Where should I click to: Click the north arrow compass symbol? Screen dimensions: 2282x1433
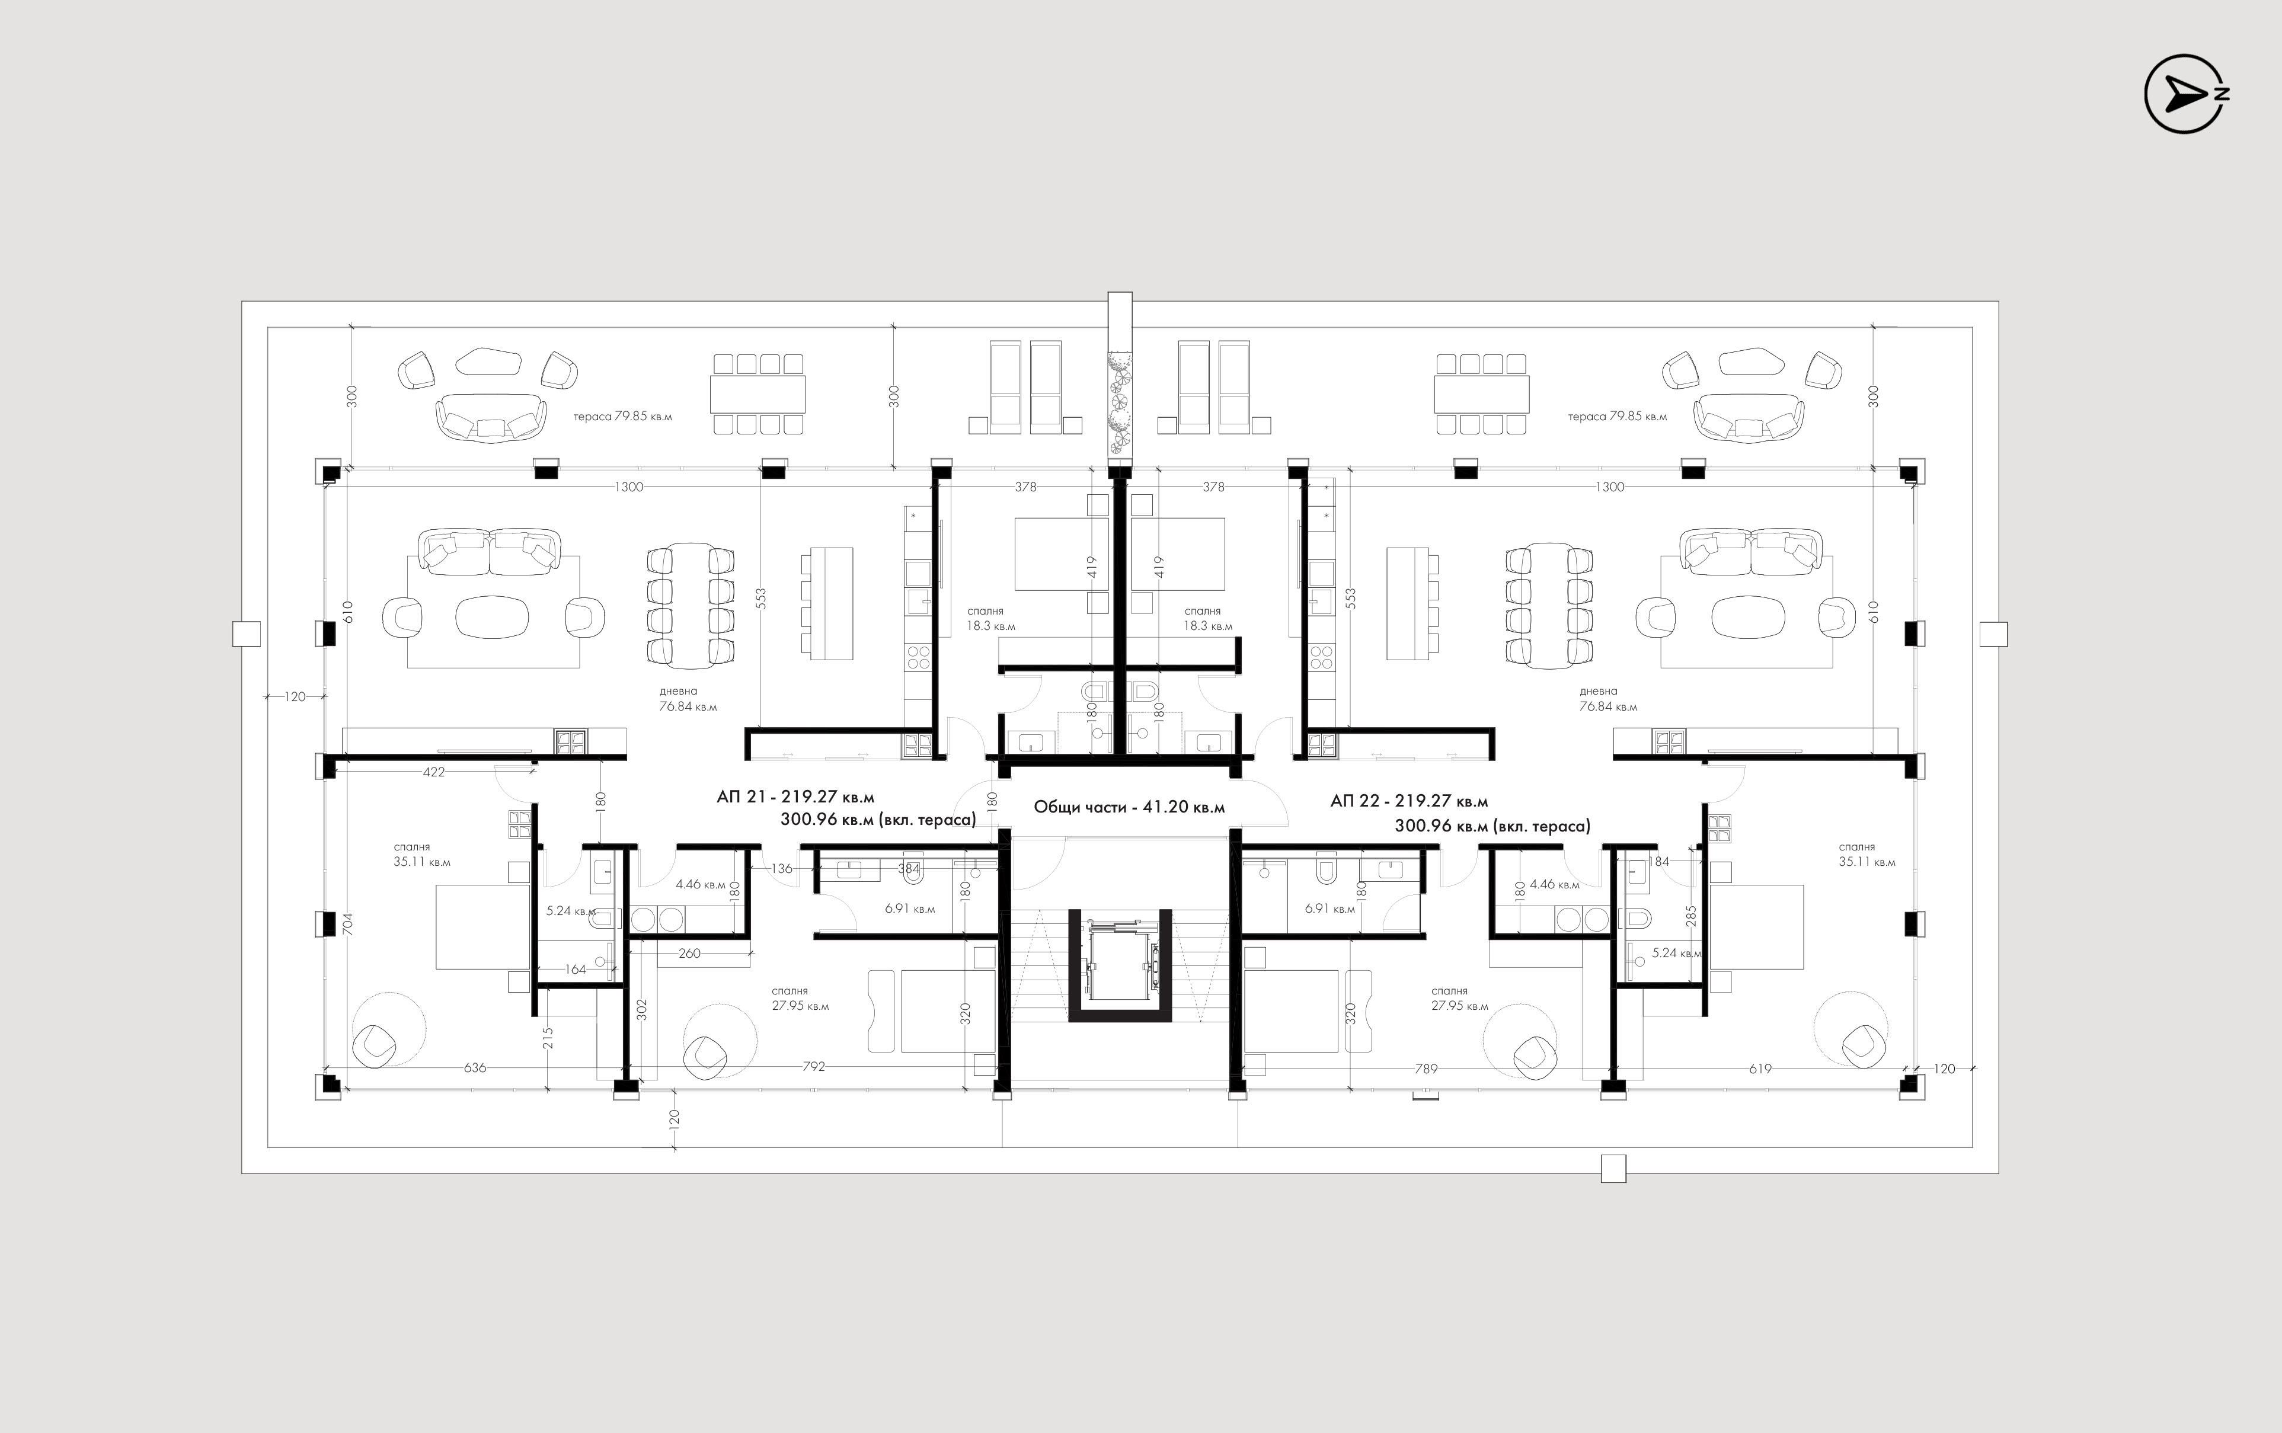point(2184,94)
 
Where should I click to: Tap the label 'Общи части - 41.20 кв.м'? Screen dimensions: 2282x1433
point(1129,808)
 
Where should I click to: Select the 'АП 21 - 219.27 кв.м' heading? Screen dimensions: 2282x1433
point(795,798)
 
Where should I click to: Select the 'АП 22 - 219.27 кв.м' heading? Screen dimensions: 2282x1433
point(1409,802)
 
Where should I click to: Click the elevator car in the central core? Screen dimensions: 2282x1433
point(1120,959)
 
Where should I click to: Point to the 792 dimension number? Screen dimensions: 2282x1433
point(814,1066)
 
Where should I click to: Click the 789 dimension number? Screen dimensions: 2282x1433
point(1426,1068)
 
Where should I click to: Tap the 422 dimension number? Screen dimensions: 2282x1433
point(434,772)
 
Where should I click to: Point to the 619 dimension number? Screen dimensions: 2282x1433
point(1760,1068)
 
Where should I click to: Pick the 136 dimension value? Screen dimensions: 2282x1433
point(782,868)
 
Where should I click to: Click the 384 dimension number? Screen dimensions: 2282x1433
point(909,868)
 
